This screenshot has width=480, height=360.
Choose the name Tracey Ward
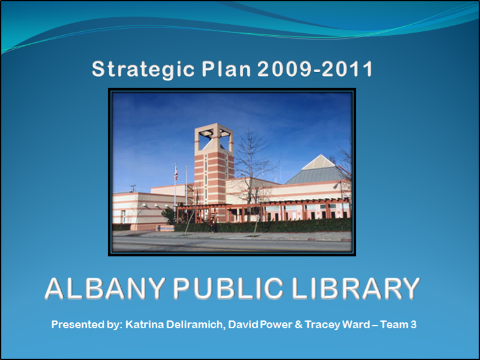click(346, 325)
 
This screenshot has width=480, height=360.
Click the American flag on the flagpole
click(176, 173)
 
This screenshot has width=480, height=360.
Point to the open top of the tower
click(213, 136)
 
